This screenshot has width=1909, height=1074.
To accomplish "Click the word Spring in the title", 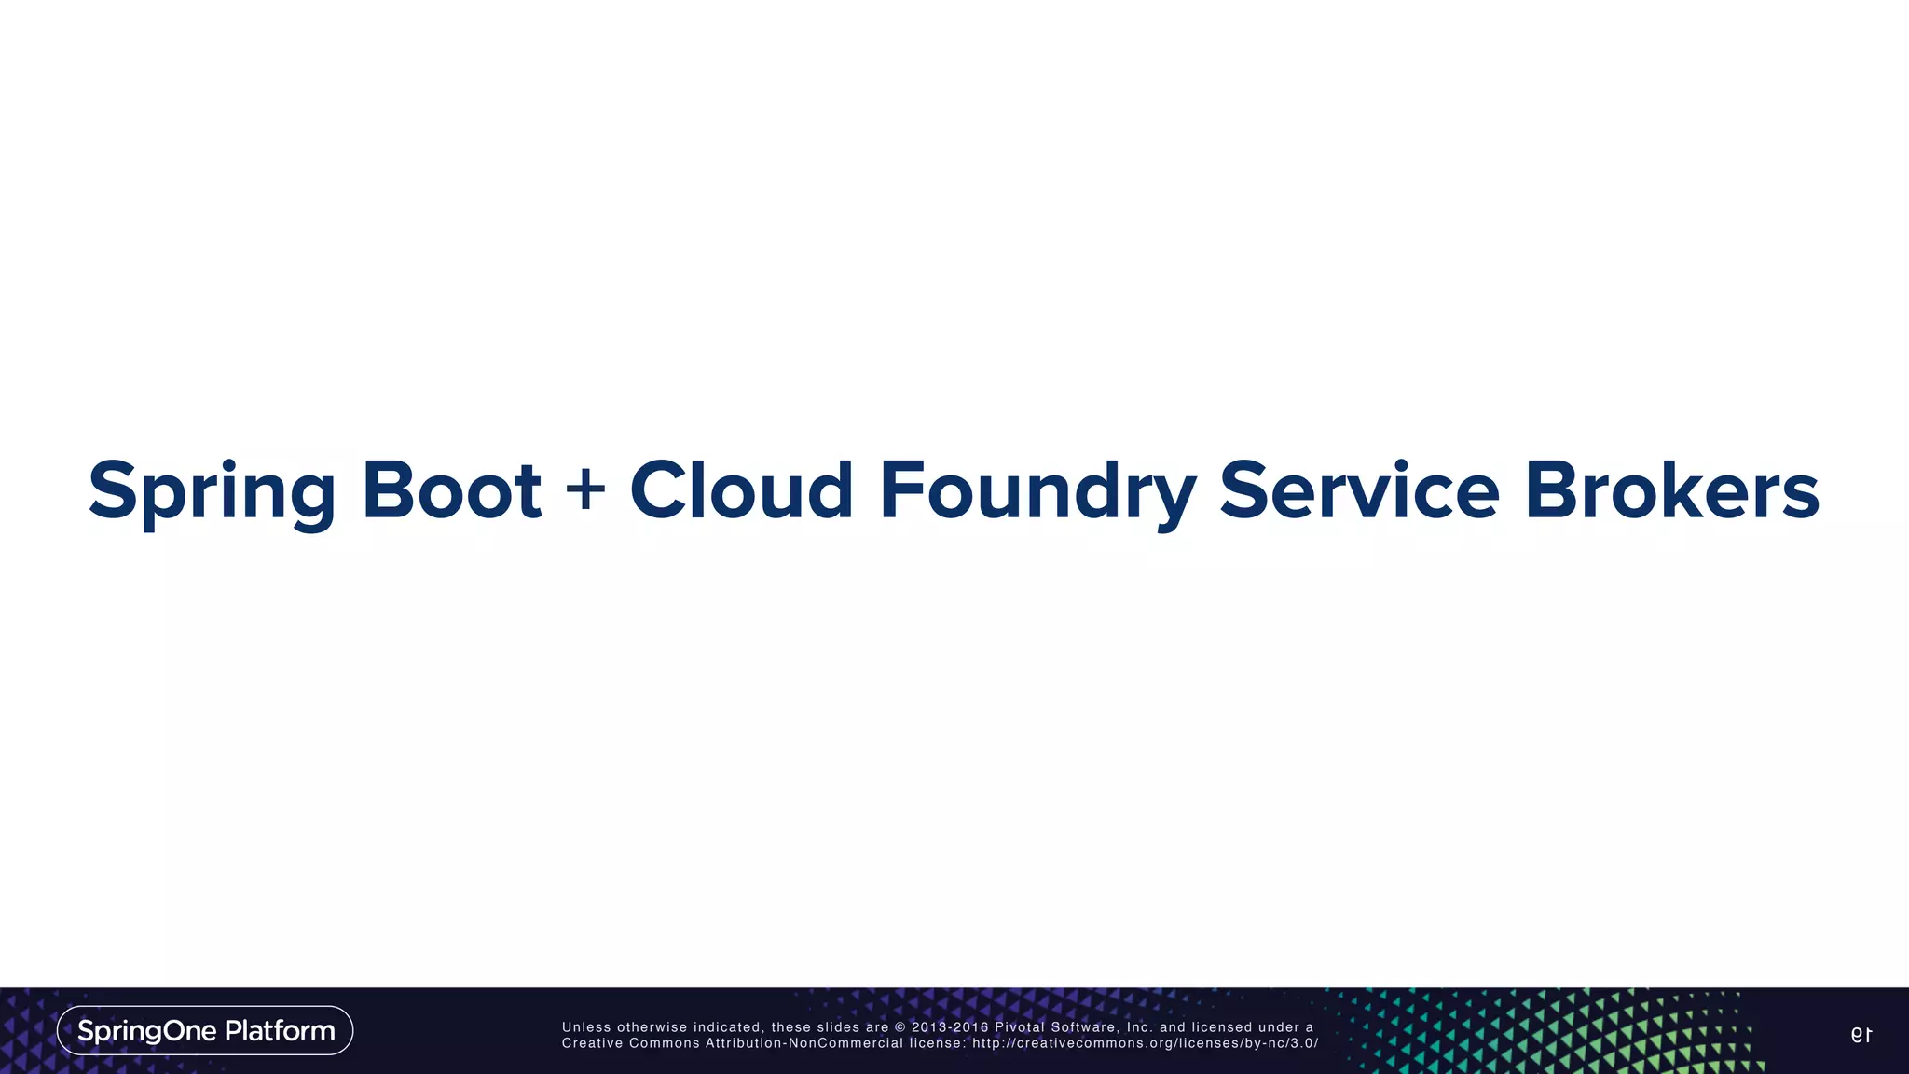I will tap(212, 490).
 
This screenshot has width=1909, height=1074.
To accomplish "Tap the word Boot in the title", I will tap(451, 490).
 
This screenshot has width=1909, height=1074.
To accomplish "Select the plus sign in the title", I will tap(585, 489).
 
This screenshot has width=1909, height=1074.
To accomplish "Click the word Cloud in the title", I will tap(741, 490).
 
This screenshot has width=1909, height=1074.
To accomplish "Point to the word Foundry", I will tap(1037, 490).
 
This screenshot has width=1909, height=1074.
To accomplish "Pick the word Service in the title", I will tap(1359, 490).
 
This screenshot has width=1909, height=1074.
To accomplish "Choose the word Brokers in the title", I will tap(1671, 490).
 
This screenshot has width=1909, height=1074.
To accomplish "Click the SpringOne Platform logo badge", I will tap(205, 1030).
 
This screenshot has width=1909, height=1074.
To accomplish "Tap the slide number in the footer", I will tap(1861, 1035).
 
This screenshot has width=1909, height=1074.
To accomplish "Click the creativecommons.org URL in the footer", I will tap(1145, 1043).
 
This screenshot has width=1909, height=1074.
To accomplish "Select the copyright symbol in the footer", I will tap(900, 1027).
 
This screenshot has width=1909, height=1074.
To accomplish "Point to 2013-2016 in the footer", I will tap(949, 1027).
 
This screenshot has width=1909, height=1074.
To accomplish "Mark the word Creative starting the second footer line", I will tap(592, 1043).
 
